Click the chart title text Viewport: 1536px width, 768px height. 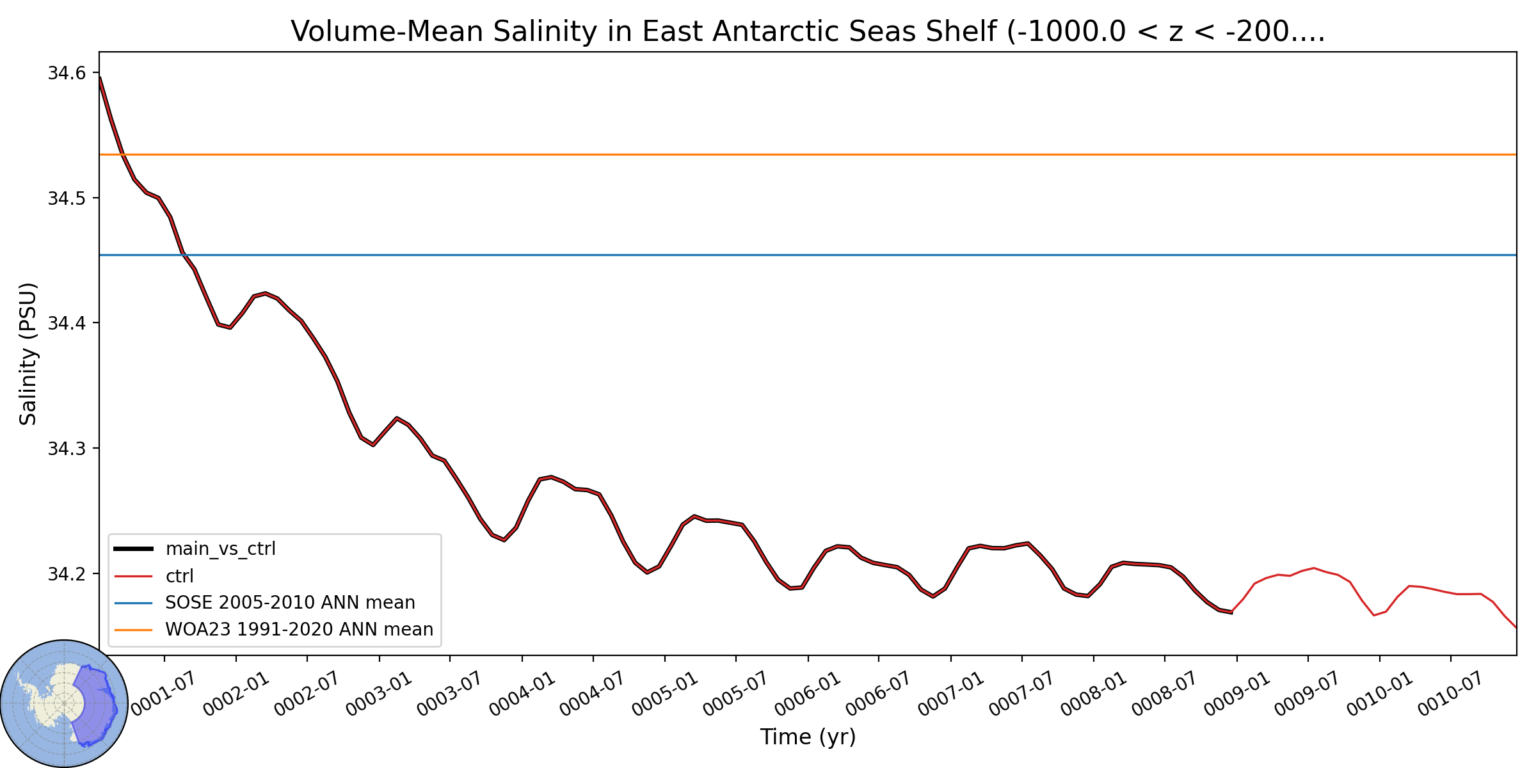[808, 31]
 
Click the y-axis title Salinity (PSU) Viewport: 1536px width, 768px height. [28, 354]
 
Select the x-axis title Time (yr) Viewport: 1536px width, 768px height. [808, 737]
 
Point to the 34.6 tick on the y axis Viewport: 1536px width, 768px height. [67, 73]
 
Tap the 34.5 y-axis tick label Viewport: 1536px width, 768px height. [67, 198]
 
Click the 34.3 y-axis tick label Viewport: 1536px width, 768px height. [67, 449]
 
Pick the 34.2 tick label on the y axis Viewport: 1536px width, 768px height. [67, 573]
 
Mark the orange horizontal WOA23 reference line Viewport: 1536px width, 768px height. [808, 155]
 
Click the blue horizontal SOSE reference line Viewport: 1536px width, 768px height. [808, 255]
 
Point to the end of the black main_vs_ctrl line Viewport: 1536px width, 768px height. [1232, 612]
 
